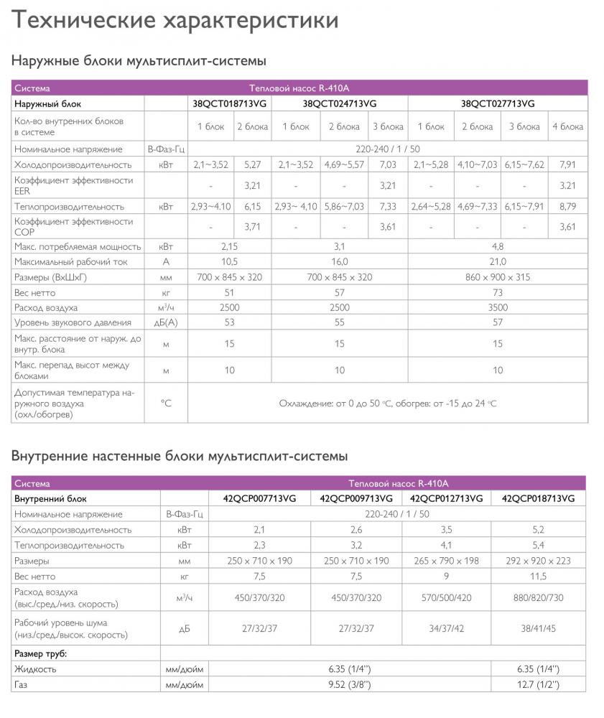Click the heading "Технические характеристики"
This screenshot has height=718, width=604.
pos(175,21)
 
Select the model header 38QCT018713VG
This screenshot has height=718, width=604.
pos(230,103)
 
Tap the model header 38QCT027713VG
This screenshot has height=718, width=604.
pos(498,103)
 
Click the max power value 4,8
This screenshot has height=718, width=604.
pos(498,246)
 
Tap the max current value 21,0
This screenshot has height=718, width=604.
pos(498,261)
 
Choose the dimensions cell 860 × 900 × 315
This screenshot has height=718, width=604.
pos(498,277)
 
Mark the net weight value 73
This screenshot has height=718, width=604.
pos(498,292)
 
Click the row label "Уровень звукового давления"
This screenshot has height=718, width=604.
pos(73,323)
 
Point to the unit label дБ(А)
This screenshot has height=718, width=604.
pos(165,323)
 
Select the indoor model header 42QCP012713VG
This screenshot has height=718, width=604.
pos(446,498)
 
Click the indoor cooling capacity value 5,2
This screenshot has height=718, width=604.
pos(538,530)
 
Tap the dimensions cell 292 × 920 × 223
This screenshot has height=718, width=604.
pos(538,561)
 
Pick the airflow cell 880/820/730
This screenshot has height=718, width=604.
pos(538,597)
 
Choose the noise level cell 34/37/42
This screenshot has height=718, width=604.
pos(446,628)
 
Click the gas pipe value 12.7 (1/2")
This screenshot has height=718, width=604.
pos(538,685)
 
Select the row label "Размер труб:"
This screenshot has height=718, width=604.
pos(40,653)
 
